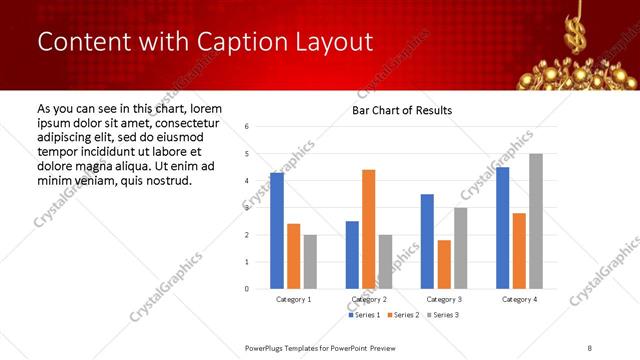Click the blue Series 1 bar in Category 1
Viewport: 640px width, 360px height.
point(277,231)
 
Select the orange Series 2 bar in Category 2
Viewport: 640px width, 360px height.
point(368,229)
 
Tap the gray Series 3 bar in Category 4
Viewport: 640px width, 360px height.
point(535,221)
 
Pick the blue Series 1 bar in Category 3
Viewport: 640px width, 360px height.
point(427,241)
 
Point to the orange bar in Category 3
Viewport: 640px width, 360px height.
point(444,264)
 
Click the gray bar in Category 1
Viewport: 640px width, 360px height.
point(310,262)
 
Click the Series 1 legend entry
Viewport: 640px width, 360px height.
point(364,315)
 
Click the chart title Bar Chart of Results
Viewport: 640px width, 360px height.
point(402,110)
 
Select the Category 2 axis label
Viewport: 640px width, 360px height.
point(368,299)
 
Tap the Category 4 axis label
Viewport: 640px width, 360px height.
point(518,299)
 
